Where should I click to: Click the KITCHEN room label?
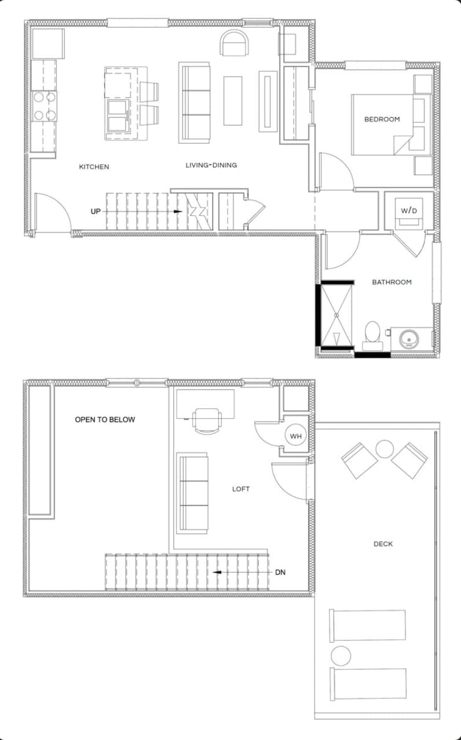(x=94, y=167)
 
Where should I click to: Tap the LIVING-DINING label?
(x=211, y=165)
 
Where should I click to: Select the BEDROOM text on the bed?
(x=382, y=119)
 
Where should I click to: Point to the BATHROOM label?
(x=392, y=282)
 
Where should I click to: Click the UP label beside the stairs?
(x=96, y=212)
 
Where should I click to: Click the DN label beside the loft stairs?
(x=280, y=572)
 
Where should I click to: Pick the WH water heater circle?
(x=295, y=436)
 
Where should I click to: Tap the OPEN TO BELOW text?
(x=105, y=419)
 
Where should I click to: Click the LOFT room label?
(x=241, y=489)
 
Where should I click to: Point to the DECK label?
(x=383, y=544)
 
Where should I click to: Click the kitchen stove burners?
(x=45, y=106)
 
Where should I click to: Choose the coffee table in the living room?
(x=233, y=100)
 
